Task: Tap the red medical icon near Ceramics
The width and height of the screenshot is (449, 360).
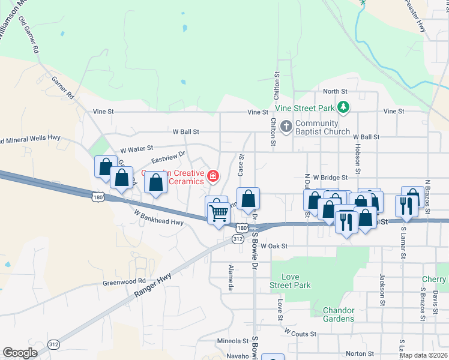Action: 212,176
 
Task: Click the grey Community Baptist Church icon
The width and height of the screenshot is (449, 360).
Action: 286,127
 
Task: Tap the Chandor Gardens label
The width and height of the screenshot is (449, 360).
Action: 339,314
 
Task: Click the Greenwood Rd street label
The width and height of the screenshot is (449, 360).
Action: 124,281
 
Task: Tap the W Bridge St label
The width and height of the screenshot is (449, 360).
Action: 330,178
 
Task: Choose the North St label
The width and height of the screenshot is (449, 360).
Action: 335,91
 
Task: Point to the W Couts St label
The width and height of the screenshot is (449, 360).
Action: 300,332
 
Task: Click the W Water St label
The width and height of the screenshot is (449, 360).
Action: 137,148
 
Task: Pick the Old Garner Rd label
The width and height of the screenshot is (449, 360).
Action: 29,36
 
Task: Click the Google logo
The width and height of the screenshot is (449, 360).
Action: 20,353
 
